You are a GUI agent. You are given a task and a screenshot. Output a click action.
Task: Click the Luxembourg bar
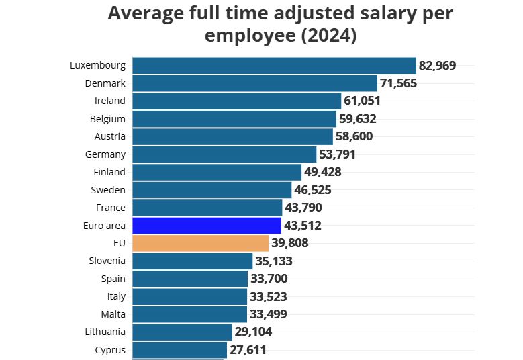pyautogui.click(x=274, y=65)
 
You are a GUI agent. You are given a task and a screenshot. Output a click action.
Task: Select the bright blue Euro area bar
pyautogui.click(x=207, y=225)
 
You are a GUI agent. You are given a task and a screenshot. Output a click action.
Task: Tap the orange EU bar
pyautogui.click(x=200, y=243)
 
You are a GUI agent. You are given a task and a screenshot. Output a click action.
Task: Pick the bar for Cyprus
pyautogui.click(x=179, y=350)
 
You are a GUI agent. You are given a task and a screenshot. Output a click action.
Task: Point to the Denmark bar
pyautogui.click(x=254, y=83)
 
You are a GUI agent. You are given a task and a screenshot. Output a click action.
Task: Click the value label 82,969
pyautogui.click(x=437, y=65)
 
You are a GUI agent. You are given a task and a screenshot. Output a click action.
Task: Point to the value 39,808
pyautogui.click(x=290, y=243)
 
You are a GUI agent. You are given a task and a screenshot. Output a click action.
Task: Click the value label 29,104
pyautogui.click(x=253, y=332)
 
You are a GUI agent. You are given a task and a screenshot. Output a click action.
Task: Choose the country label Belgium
pyautogui.click(x=107, y=119)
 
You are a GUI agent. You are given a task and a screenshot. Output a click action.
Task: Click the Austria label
pyautogui.click(x=109, y=136)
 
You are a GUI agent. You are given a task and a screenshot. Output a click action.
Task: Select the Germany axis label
pyautogui.click(x=106, y=154)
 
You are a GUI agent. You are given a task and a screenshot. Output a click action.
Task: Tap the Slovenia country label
pyautogui.click(x=107, y=261)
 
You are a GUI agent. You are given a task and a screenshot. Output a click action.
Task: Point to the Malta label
pyautogui.click(x=112, y=314)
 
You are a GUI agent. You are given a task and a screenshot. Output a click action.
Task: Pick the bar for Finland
pyautogui.click(x=217, y=172)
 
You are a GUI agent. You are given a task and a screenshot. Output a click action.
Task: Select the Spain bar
pyautogui.click(x=190, y=279)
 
